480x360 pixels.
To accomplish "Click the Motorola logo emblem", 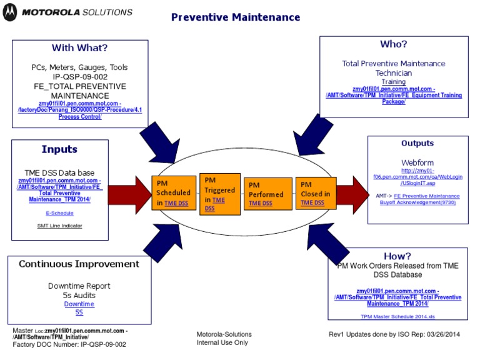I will point(9,12).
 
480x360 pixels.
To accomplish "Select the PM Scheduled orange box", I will point(173,192).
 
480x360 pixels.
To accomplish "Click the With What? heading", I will point(79,48).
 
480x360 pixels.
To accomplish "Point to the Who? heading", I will point(394,44).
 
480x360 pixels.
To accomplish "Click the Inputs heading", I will point(59,149).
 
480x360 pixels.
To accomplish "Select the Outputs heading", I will point(417,143).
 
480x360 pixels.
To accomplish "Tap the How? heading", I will point(397,256).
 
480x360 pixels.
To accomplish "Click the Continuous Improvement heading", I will point(79,264).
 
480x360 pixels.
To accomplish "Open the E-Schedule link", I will point(59,213).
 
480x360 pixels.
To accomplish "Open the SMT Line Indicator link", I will point(59,226).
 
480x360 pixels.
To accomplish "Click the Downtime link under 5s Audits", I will point(79,304).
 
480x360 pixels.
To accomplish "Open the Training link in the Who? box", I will point(394,81).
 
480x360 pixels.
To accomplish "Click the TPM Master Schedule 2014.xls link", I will point(397,316).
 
